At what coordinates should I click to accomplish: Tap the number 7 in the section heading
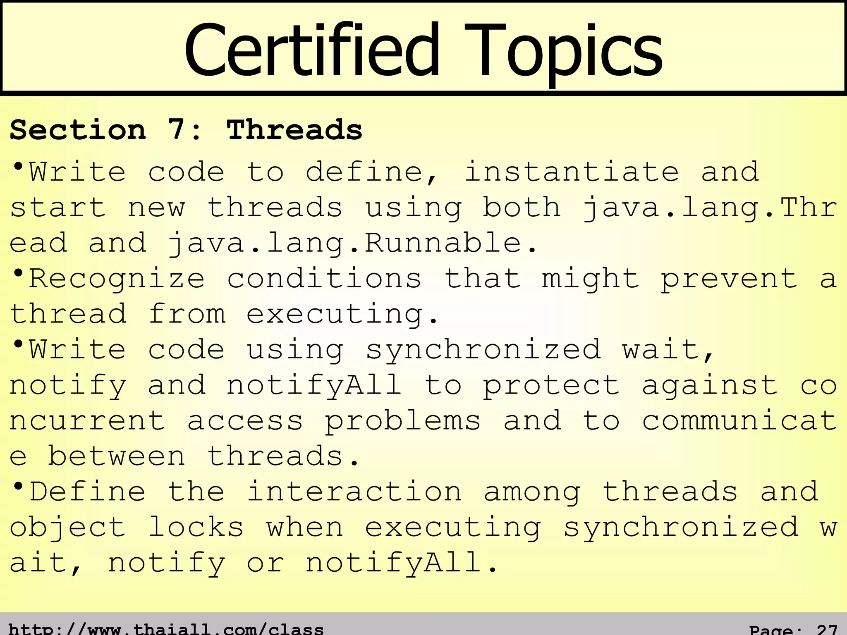point(177,130)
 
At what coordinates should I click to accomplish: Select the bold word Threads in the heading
point(294,130)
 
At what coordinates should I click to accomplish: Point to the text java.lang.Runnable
point(354,243)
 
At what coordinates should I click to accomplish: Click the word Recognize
point(117,279)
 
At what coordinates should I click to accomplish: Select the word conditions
point(324,279)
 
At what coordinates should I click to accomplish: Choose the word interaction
point(354,492)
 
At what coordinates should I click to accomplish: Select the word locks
point(196,528)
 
